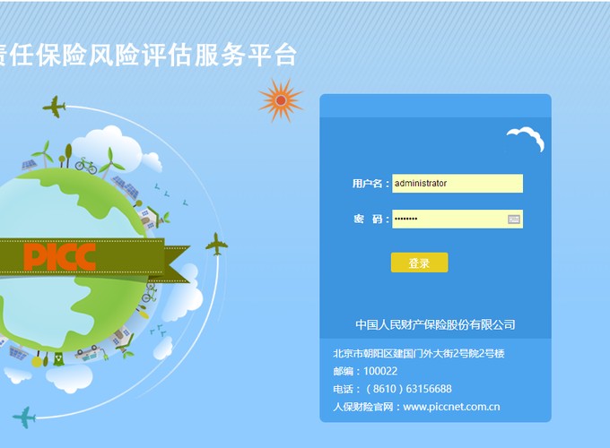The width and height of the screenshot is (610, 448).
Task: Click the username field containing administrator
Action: click(457, 184)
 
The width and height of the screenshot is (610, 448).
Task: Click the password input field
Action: click(457, 220)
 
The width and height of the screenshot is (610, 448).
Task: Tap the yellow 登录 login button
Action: click(420, 263)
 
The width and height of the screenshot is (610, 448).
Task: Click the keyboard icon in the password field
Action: click(513, 220)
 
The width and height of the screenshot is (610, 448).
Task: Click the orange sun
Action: click(281, 100)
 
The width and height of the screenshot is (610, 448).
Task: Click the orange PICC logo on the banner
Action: click(60, 257)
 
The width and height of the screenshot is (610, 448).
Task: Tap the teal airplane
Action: click(24, 418)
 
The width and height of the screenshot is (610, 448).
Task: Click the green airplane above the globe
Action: click(54, 107)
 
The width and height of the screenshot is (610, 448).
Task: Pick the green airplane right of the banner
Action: click(217, 245)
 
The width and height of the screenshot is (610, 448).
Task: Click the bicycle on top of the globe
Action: click(86, 166)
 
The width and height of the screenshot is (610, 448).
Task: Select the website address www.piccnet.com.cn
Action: click(451, 407)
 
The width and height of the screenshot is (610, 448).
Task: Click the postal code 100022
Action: click(380, 371)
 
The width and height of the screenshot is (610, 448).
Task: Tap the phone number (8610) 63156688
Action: click(409, 389)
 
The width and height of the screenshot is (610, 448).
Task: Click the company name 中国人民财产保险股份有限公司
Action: click(435, 324)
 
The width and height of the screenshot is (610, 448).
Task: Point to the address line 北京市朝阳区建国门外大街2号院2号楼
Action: click(419, 353)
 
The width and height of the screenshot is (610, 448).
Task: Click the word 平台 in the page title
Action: click(273, 55)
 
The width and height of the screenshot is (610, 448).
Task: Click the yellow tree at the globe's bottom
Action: click(37, 360)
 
